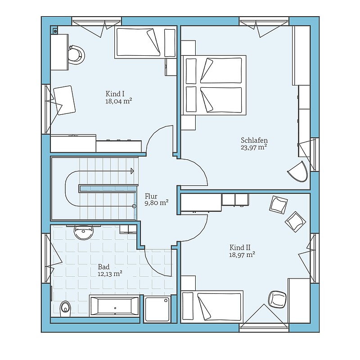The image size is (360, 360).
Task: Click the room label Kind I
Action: point(115,94)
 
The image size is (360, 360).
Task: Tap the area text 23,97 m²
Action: point(254,147)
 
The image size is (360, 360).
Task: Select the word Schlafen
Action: point(254,140)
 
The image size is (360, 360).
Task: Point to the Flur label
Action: point(151,196)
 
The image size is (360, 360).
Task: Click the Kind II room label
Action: point(240,247)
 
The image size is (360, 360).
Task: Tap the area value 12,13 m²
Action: point(109,274)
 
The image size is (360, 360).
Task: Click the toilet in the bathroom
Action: point(65,307)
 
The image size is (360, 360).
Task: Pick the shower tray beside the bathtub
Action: point(157,309)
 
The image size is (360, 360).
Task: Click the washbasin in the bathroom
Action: point(84,232)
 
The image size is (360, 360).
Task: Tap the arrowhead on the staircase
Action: point(132,171)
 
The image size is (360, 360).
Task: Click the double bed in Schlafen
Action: point(214,85)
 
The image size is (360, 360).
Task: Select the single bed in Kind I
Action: point(146,42)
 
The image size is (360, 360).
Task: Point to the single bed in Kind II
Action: point(212,307)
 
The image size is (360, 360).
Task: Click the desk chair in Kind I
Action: point(76,54)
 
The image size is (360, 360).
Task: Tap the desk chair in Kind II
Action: point(277,299)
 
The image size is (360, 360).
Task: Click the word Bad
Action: point(104,267)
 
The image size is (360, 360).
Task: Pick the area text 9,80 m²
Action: point(157,203)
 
